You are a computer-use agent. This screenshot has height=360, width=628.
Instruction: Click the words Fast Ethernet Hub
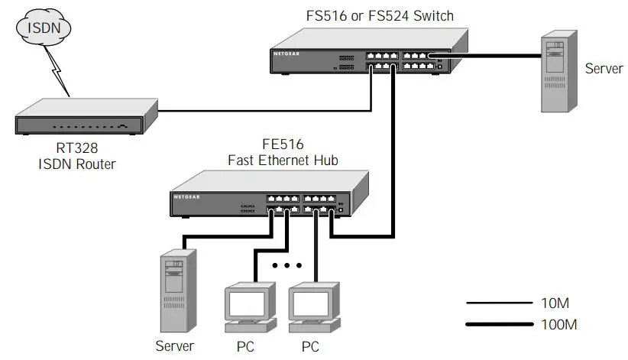point(283,161)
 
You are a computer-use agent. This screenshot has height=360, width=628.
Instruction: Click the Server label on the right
point(604,69)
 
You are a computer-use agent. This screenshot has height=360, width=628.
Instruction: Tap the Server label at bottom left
point(175,346)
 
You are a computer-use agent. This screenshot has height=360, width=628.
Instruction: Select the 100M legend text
point(558,325)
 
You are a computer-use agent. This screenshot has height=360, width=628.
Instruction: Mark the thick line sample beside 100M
point(497,325)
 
